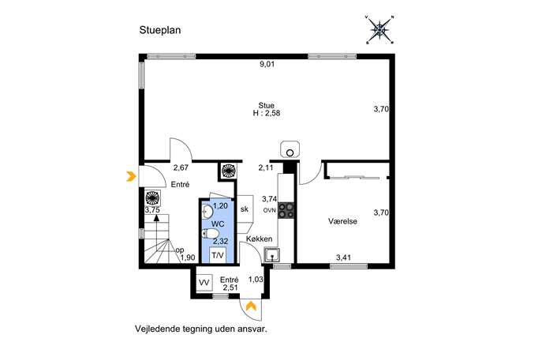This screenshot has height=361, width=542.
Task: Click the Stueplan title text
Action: tap(160, 31)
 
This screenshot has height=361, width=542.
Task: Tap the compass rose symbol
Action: tap(380, 29)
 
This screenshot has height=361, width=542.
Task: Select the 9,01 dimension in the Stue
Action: tap(267, 64)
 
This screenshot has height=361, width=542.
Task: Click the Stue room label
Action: tap(266, 106)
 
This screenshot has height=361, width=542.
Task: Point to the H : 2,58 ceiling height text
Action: tap(266, 113)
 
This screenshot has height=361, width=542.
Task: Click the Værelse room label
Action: tap(342, 221)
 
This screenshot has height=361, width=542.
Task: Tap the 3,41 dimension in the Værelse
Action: tap(344, 258)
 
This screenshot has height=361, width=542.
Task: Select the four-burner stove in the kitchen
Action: tap(286, 210)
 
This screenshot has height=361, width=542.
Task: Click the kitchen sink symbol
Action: tap(272, 255)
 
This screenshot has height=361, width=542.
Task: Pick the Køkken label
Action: tap(259, 239)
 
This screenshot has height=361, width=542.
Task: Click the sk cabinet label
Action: tap(245, 209)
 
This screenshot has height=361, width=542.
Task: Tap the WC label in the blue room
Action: tap(218, 224)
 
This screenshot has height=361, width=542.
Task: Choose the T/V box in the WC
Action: tap(218, 255)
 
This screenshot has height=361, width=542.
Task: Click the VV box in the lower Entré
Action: tap(204, 283)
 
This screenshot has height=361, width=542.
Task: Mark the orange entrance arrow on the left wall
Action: tap(131, 176)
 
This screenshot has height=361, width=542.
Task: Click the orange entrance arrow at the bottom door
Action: tap(251, 306)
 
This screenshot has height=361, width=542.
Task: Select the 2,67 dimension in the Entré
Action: tap(181, 168)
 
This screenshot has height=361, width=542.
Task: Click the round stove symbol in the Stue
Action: tap(290, 150)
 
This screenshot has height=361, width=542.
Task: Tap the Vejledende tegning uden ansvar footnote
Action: tap(201, 329)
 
